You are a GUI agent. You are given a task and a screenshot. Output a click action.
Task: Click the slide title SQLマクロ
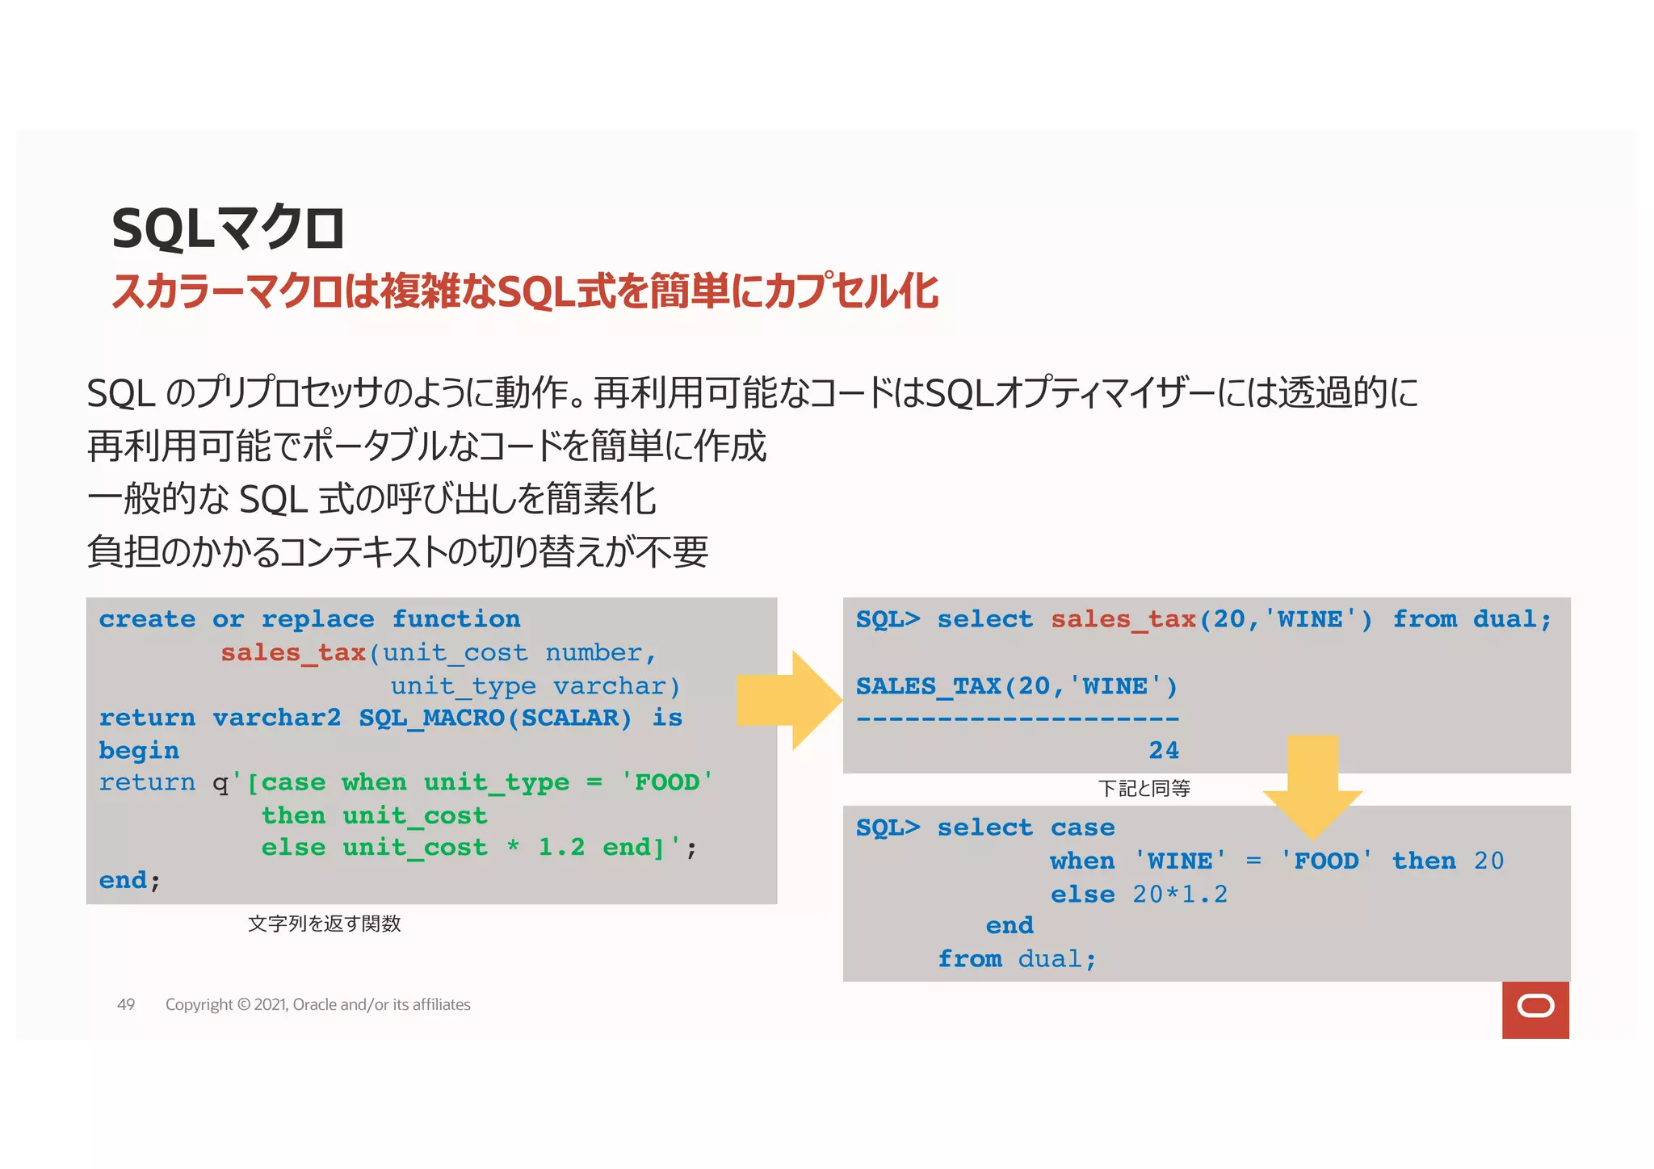[x=229, y=228]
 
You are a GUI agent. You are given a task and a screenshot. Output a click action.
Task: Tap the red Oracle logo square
[x=1535, y=1009]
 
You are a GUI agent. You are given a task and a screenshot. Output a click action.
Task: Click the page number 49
[x=126, y=1004]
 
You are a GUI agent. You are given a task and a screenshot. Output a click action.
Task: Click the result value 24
[x=1164, y=751]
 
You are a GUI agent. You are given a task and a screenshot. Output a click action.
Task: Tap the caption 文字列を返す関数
[x=324, y=924]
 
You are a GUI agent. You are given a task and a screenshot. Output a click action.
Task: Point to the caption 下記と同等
[x=1144, y=789]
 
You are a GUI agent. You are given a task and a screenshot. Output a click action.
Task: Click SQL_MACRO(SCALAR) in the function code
[x=495, y=718]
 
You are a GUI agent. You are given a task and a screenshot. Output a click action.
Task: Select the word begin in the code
[x=139, y=751]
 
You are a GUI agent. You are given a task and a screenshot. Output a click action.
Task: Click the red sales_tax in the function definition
[x=293, y=652]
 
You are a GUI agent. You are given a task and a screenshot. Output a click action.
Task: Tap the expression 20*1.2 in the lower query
[x=1179, y=895]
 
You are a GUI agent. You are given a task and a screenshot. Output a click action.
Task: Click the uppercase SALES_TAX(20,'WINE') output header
[x=1017, y=686]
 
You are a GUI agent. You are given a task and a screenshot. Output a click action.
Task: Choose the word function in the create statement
[x=456, y=619]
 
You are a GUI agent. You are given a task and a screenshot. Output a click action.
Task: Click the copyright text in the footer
[x=317, y=1004]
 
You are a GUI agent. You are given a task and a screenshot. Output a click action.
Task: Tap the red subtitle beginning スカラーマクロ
[x=525, y=291]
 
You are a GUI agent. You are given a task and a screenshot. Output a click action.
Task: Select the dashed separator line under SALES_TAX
[x=1018, y=719]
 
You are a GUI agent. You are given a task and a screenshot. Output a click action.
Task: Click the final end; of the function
[x=129, y=880]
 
